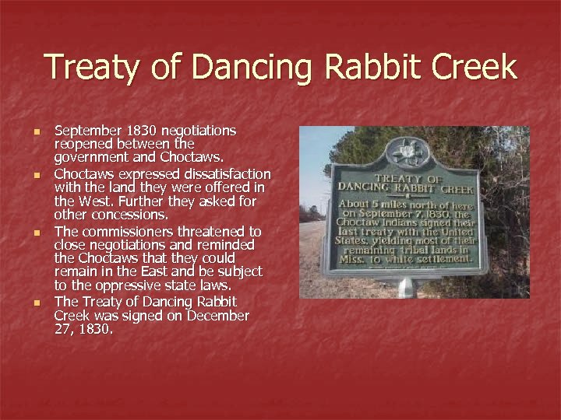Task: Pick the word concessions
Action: click(127, 215)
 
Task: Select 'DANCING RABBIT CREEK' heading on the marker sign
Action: click(405, 187)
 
